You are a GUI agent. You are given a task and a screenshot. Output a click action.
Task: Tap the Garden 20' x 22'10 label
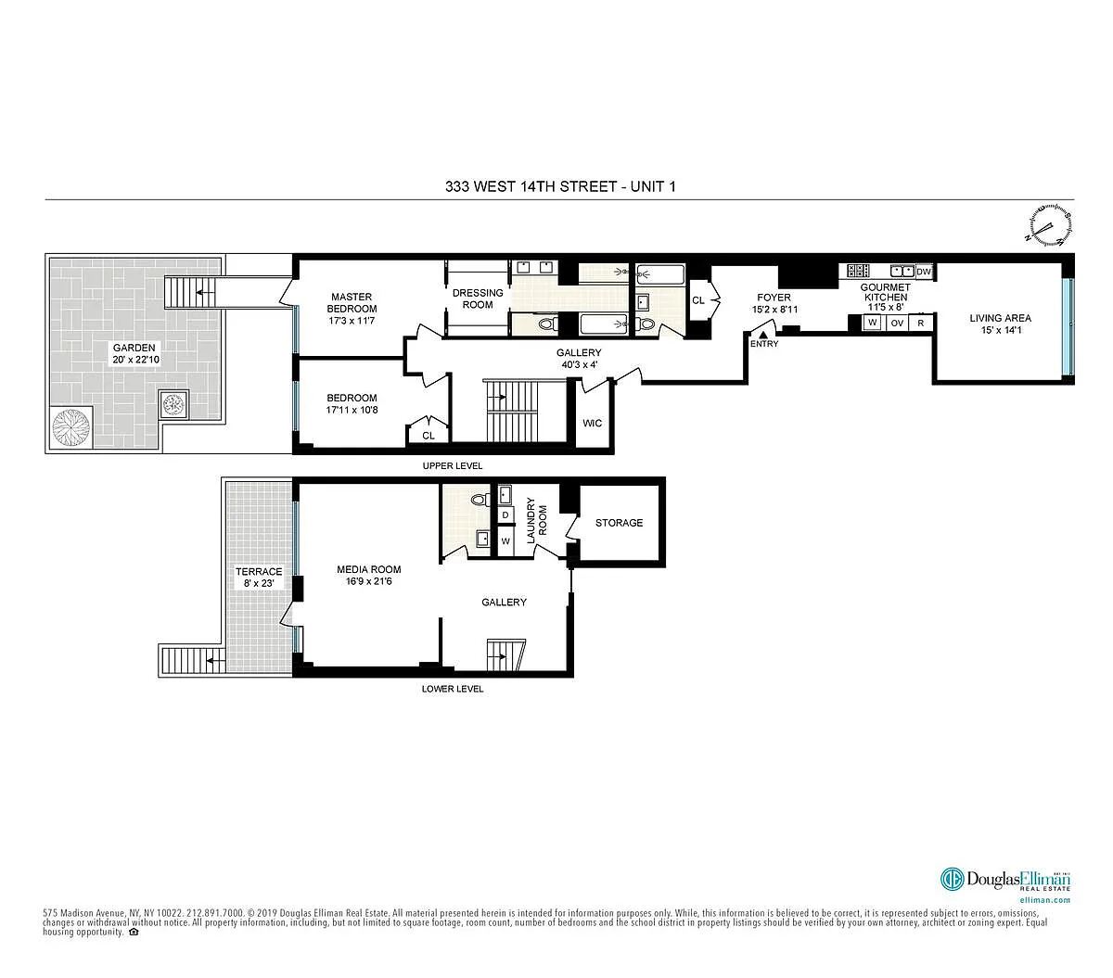(x=135, y=353)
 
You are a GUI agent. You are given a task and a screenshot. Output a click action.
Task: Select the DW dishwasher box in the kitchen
(x=924, y=272)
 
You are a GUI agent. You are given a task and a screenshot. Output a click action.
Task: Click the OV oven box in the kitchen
(x=897, y=323)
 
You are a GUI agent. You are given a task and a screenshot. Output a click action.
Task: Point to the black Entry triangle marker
(x=763, y=335)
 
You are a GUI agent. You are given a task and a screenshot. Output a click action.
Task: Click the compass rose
(x=1049, y=224)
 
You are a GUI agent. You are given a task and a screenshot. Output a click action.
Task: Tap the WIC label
(x=592, y=423)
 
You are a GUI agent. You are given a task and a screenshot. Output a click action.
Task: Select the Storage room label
(x=619, y=523)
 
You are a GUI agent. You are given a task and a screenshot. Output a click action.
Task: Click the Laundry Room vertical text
(x=536, y=521)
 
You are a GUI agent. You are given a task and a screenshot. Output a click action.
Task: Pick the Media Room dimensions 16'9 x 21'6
(x=368, y=581)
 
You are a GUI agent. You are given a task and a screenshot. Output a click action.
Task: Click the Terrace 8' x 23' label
(x=259, y=578)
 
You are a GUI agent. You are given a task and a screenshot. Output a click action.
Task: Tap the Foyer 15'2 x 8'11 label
(x=774, y=303)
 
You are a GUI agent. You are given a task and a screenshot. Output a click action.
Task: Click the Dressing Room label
(x=478, y=298)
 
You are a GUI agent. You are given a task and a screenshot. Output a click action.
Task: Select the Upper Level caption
(x=452, y=465)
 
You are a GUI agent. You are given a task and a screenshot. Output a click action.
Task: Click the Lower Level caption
(x=452, y=689)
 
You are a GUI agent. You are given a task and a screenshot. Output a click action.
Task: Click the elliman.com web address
(x=1044, y=900)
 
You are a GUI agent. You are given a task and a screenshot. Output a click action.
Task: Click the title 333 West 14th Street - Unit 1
(x=560, y=186)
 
